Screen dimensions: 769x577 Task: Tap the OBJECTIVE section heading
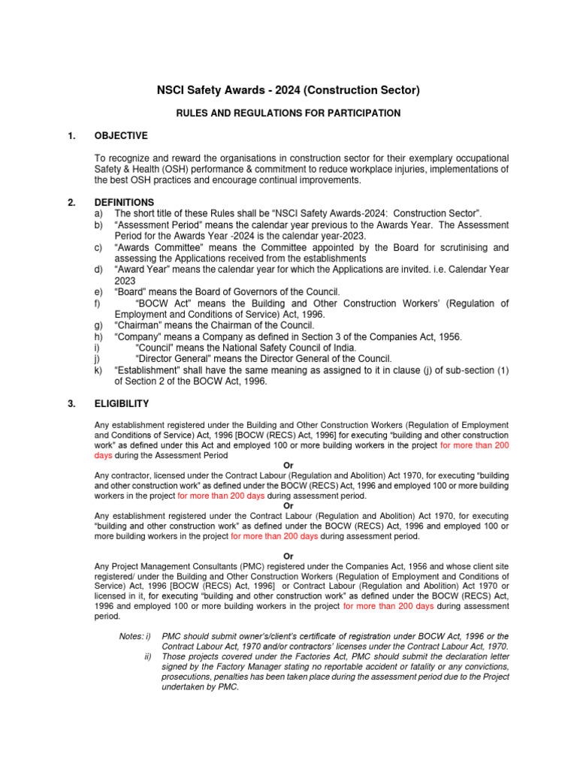121,136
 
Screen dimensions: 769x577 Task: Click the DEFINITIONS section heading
124,202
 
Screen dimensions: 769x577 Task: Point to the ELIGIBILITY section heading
121,404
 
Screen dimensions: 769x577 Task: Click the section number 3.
71,404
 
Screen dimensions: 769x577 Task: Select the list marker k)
98,370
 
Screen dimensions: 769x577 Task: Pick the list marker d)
98,270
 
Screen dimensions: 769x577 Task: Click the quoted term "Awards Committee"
156,247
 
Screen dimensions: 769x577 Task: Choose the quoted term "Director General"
170,359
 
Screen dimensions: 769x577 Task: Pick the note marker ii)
148,656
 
